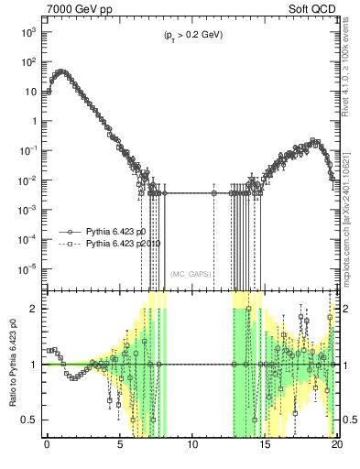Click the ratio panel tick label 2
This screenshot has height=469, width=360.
click(36, 309)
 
